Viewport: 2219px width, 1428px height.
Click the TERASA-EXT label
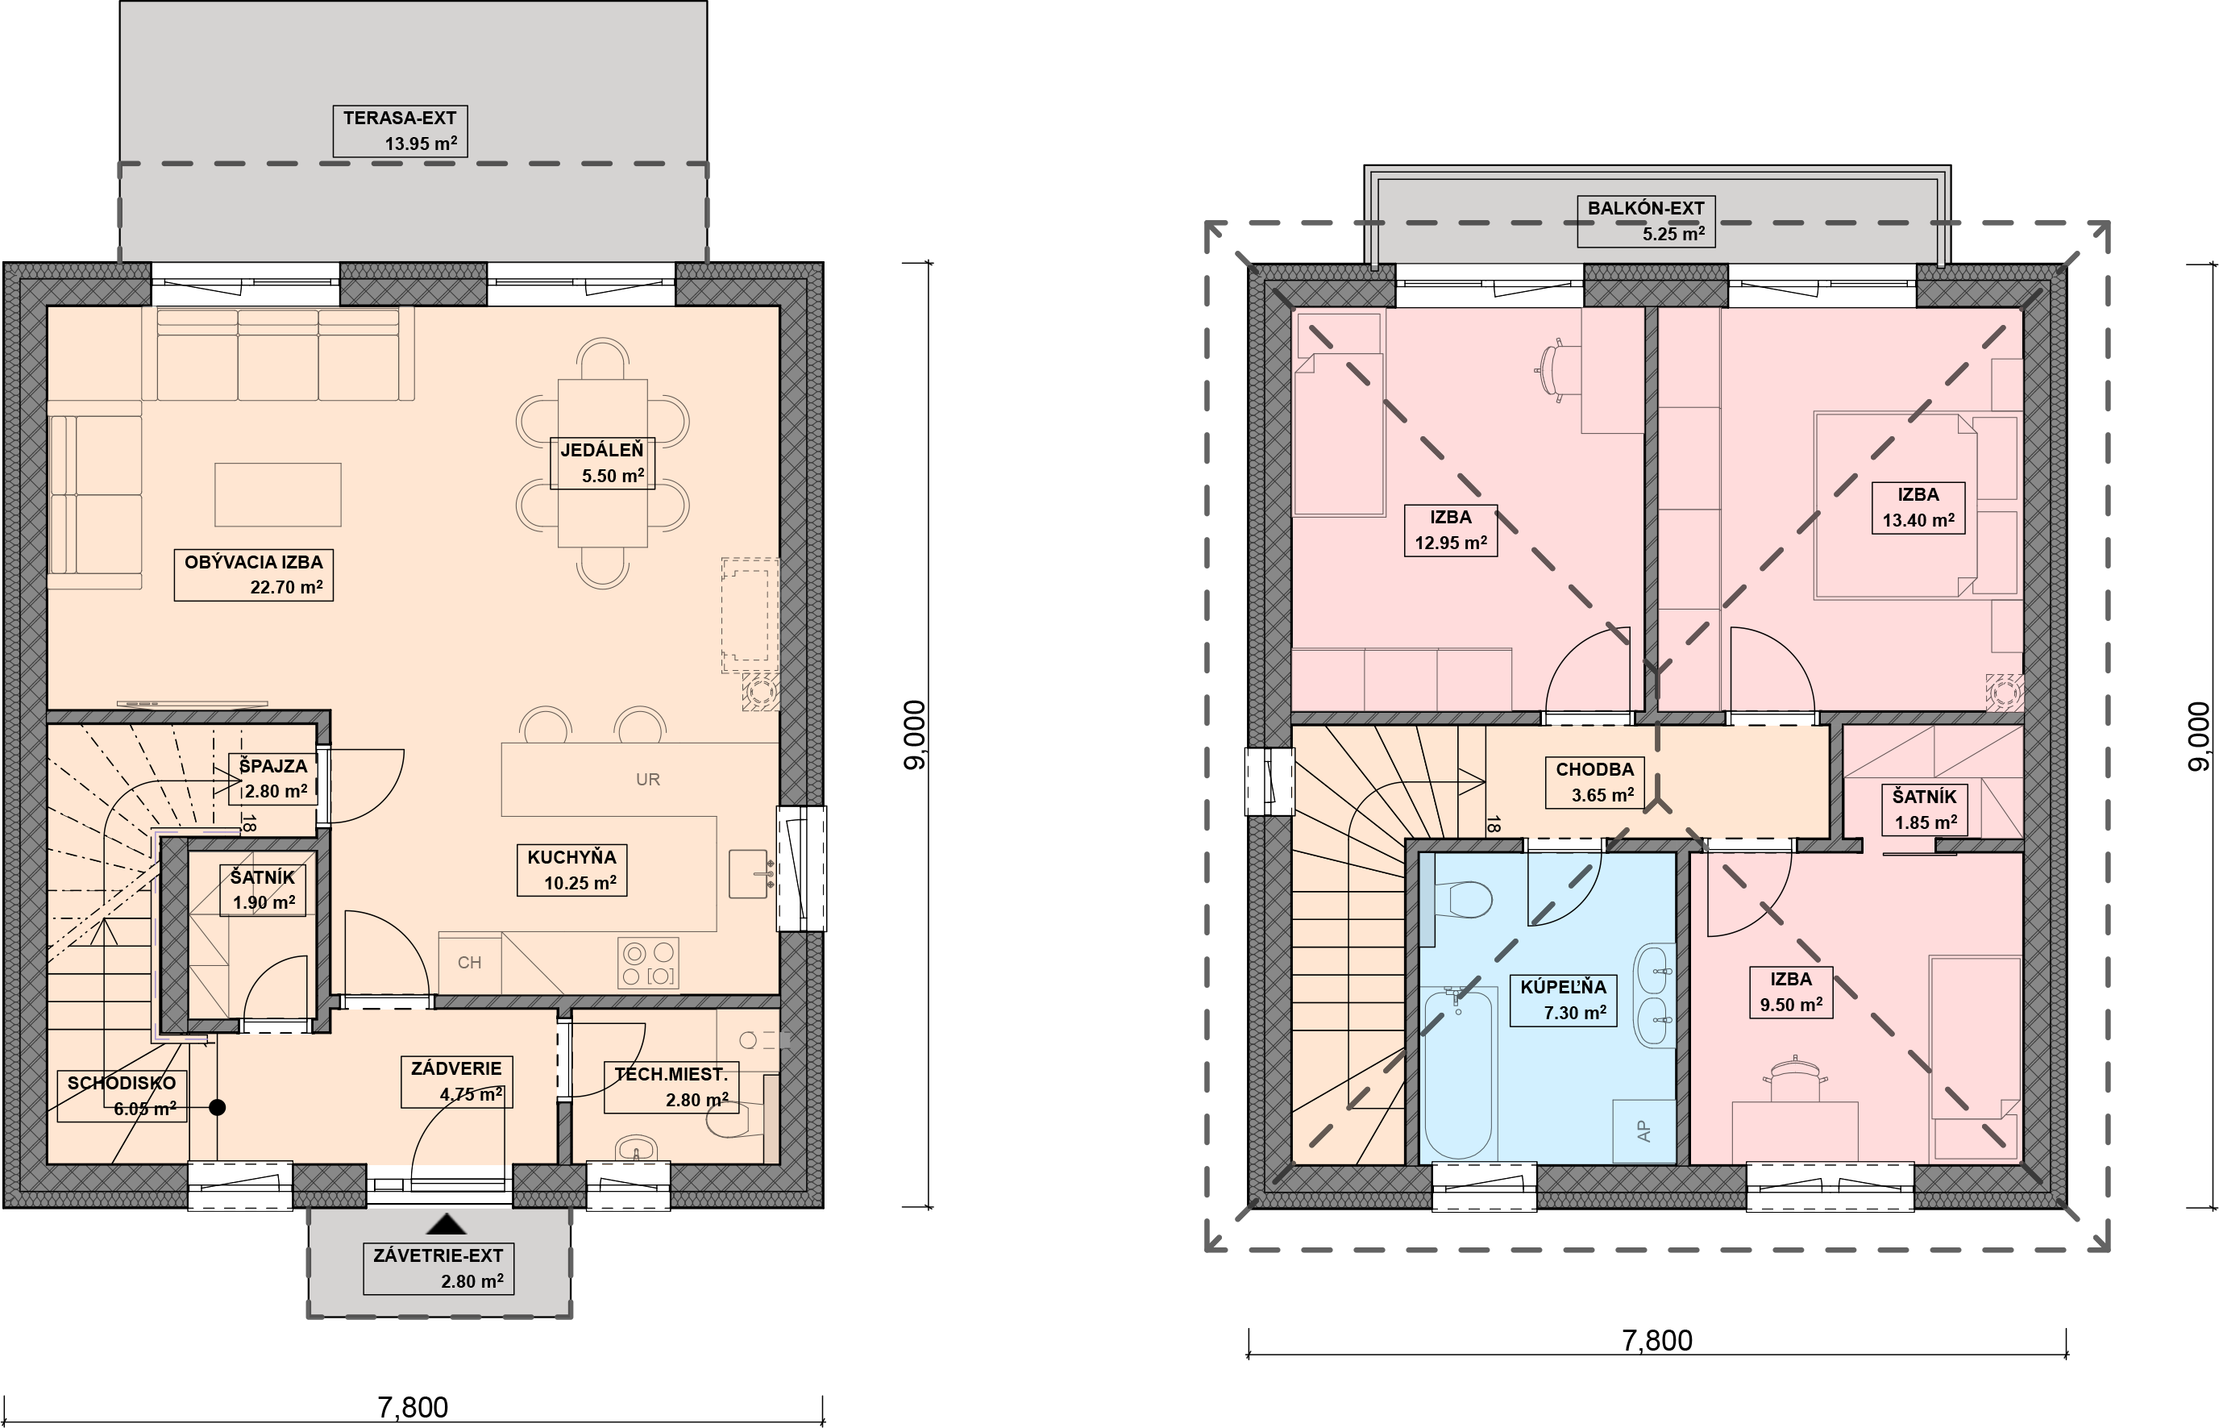click(400, 131)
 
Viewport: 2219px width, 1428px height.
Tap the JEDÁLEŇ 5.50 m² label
click(602, 463)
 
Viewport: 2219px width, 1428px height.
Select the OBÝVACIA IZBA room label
click(254, 575)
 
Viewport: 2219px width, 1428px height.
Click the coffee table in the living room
click(278, 495)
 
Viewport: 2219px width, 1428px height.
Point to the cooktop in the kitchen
click(648, 963)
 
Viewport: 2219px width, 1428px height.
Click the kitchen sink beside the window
click(749, 873)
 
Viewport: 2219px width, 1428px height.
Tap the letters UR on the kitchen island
click(648, 780)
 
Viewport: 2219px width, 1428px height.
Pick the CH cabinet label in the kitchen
click(469, 963)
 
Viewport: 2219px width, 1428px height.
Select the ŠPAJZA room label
click(272, 779)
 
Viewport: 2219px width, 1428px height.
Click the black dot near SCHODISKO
click(217, 1107)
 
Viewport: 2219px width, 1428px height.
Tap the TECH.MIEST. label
click(671, 1087)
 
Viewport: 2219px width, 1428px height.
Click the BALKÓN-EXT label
click(1645, 222)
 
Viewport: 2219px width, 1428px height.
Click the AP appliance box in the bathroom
click(1643, 1131)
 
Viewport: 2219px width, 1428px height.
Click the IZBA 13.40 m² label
click(1918, 507)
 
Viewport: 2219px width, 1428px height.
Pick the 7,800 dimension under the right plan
click(1656, 1341)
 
